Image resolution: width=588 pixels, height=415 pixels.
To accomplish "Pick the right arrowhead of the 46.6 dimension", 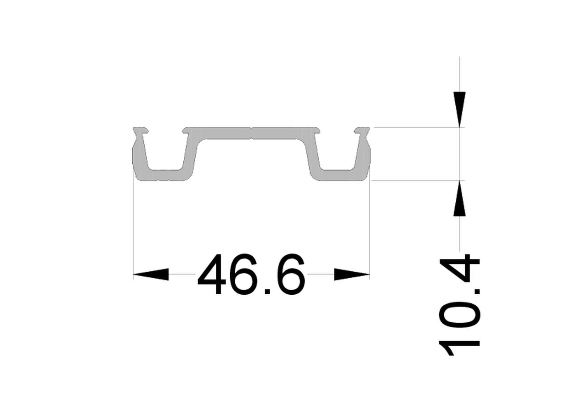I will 352,275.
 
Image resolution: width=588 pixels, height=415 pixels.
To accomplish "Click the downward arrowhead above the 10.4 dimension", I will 459,108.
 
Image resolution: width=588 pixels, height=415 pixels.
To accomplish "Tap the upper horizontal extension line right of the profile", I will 413,127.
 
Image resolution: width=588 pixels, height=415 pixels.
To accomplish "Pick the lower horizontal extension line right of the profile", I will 413,180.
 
